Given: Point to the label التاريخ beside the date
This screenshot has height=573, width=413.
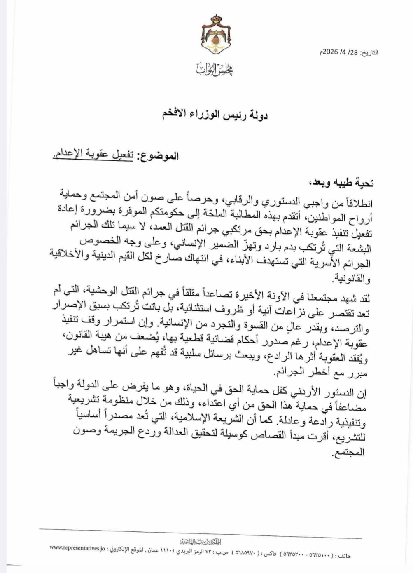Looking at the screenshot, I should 369,53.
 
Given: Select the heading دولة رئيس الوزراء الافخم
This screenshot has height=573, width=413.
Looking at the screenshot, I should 215,114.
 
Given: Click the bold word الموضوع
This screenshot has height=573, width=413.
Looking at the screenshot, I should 159,156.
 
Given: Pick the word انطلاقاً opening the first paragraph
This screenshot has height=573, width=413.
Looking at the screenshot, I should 357,203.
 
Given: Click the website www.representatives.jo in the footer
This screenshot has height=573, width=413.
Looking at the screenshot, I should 77,548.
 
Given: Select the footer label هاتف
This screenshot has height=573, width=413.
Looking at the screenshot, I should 344,556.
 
